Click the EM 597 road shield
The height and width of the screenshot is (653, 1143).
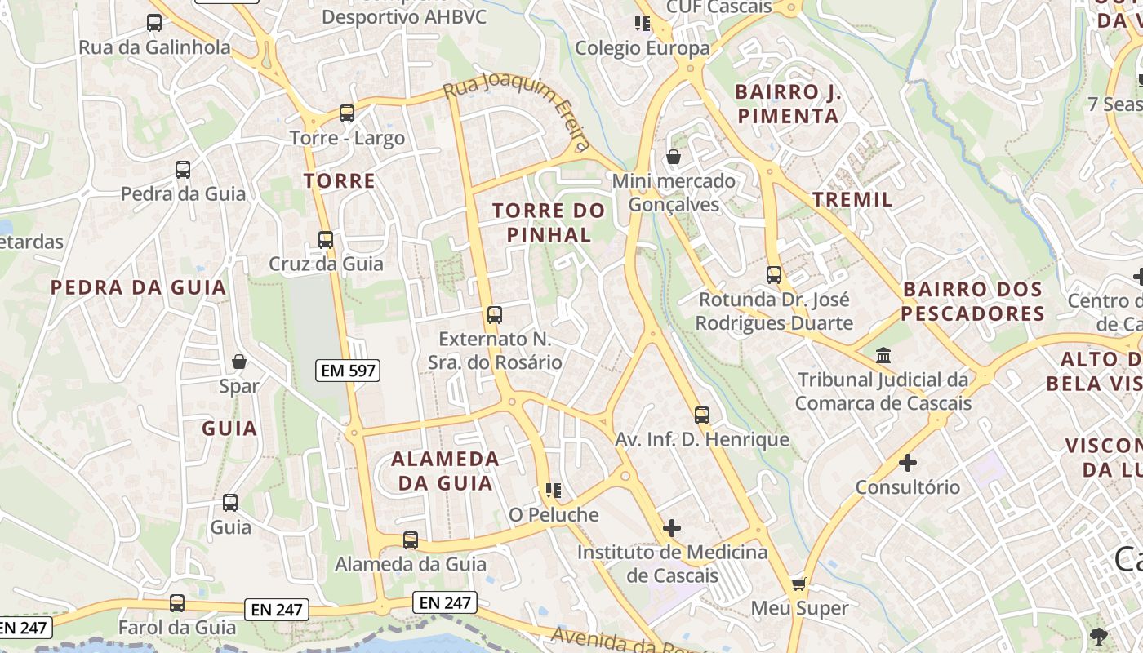click(x=348, y=371)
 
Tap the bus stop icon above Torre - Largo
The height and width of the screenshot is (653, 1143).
click(x=347, y=113)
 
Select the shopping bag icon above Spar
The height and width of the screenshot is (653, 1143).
click(x=239, y=361)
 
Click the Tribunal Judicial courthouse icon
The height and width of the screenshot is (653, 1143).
click(x=883, y=356)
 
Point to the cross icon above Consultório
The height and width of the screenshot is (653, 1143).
click(x=907, y=463)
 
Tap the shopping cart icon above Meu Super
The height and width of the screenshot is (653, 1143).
click(x=799, y=584)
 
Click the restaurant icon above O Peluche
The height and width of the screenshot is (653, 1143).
click(x=554, y=491)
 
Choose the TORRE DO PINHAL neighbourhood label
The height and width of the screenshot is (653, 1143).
click(x=549, y=223)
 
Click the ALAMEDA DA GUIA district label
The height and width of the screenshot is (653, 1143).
click(x=445, y=470)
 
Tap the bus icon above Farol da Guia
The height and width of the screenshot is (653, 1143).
click(x=177, y=603)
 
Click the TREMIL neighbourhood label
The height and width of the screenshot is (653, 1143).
click(x=852, y=199)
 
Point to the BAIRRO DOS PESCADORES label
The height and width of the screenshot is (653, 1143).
click(x=972, y=301)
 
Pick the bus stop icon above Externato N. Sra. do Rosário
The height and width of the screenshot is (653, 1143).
click(x=494, y=314)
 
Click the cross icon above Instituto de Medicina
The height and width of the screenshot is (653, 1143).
click(x=671, y=528)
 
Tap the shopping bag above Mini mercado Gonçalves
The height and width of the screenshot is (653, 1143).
click(x=674, y=157)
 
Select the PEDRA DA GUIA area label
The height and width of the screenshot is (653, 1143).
click(x=138, y=287)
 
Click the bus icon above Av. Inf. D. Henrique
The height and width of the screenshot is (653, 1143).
click(x=702, y=415)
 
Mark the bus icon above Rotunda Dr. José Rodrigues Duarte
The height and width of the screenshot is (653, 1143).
click(x=774, y=275)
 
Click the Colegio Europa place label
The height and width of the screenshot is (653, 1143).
click(x=643, y=48)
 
